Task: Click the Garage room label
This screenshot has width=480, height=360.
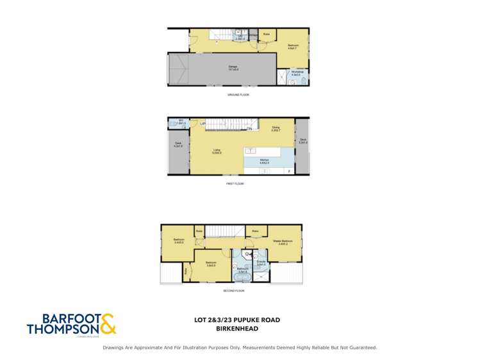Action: click(233, 67)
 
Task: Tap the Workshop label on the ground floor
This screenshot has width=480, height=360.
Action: click(295, 73)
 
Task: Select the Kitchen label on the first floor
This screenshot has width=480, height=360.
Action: click(264, 161)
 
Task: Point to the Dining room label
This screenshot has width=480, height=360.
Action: click(277, 129)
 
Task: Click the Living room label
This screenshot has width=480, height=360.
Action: click(217, 151)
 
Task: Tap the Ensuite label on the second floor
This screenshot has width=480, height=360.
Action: click(261, 262)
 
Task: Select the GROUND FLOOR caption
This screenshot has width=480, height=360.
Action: click(238, 95)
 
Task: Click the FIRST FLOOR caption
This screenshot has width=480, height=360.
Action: click(235, 184)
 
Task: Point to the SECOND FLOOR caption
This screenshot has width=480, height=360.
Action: click(233, 291)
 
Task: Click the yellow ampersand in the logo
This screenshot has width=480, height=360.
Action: click(108, 323)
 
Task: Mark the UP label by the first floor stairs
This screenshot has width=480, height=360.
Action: click(203, 124)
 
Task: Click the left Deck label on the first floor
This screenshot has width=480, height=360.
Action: click(178, 145)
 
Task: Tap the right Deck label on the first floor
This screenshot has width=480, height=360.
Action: click(302, 141)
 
